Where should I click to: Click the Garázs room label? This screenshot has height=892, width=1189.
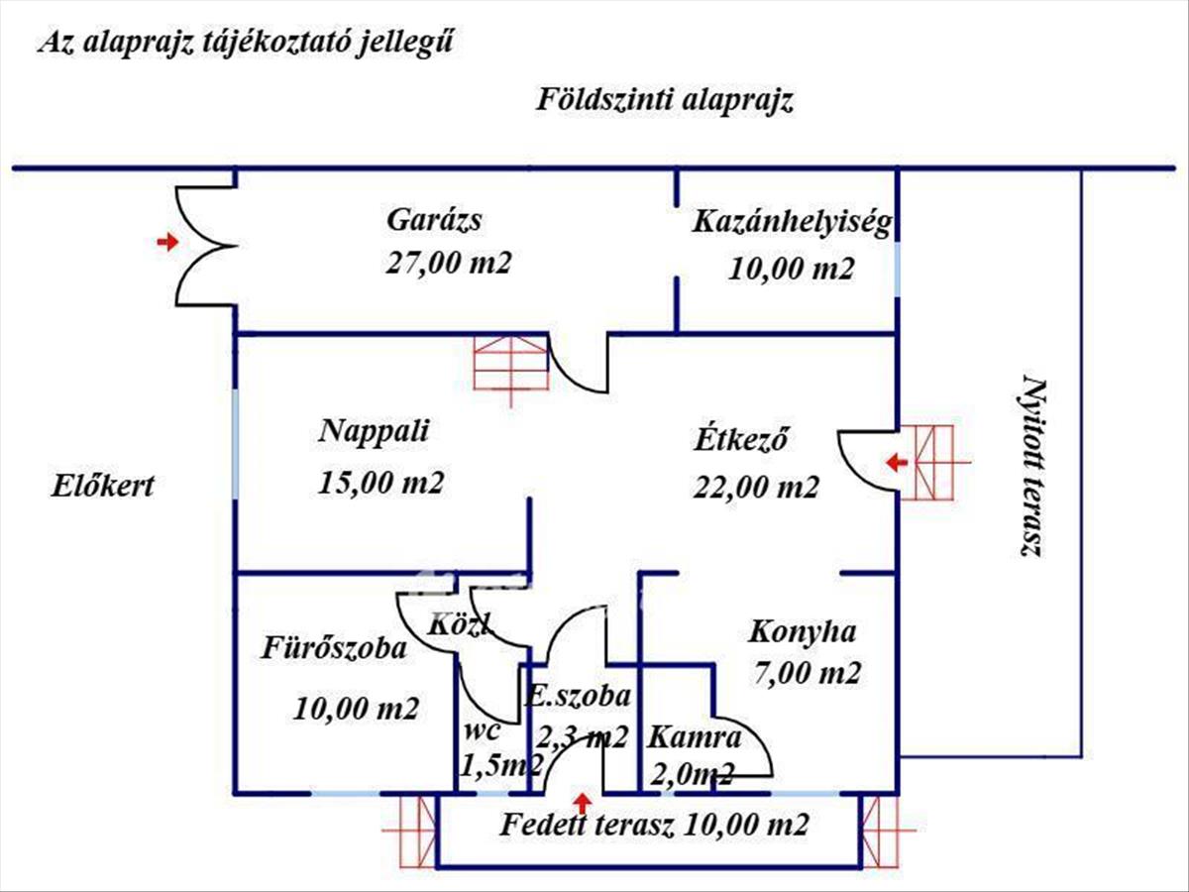pos(434,219)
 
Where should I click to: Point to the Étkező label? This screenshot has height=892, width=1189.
pos(740,439)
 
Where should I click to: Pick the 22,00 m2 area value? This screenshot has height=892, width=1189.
pos(756,487)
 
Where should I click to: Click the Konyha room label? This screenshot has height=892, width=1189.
pos(802,630)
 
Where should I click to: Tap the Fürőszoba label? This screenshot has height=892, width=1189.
pos(334,649)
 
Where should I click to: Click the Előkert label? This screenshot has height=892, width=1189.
pos(103,487)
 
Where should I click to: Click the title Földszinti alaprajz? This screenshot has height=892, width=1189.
pos(665,100)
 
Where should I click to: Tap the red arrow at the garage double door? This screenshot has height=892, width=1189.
pos(167,241)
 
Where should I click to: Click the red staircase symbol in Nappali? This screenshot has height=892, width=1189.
pos(510,365)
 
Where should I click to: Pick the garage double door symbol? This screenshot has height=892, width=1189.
pos(205,245)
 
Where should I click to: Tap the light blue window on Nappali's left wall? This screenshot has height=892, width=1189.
pos(236,445)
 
